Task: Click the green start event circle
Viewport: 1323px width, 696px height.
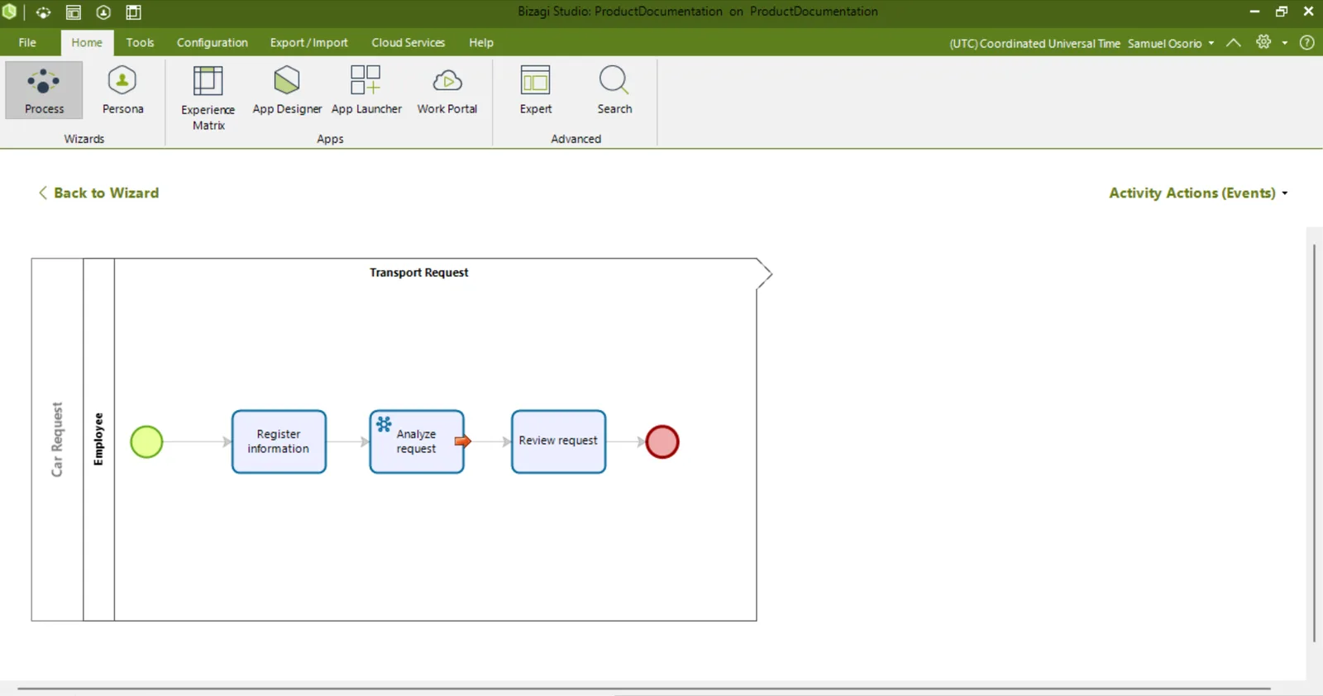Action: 146,441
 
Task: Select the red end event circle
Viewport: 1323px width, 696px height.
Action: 662,441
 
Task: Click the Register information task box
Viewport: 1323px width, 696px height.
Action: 279,441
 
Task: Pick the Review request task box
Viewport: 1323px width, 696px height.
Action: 559,441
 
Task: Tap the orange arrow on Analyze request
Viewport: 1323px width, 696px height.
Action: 462,441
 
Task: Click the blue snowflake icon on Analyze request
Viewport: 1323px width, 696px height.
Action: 384,424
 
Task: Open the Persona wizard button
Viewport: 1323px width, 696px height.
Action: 122,90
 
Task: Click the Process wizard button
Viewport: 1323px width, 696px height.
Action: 44,90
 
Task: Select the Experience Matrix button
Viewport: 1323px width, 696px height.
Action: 208,98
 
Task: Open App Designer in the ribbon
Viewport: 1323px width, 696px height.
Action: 287,90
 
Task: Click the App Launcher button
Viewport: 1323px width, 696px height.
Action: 366,90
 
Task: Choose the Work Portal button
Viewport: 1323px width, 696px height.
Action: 447,90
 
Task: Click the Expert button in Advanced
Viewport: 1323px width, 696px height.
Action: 536,90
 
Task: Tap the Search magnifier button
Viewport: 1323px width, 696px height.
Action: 614,90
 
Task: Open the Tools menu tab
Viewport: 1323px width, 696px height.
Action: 140,42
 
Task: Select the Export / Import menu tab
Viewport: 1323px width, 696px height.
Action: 309,42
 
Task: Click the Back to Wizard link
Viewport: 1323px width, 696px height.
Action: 98,193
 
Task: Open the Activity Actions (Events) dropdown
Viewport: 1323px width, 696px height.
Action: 1198,193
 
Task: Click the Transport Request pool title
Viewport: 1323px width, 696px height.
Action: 418,272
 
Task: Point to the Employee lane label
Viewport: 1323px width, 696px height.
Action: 98,439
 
